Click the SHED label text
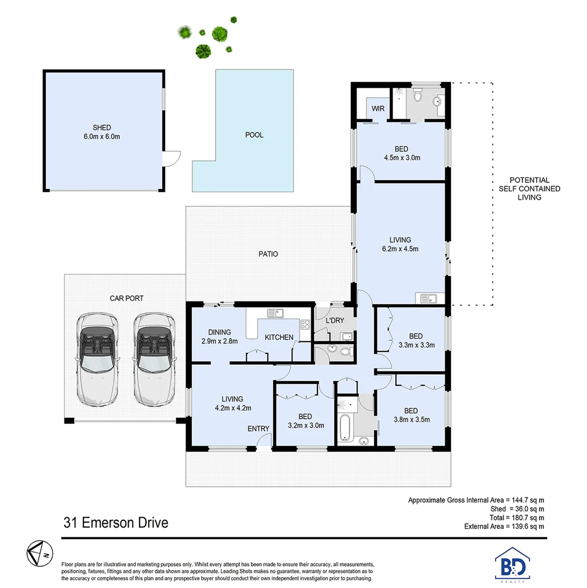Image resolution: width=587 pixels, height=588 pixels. coord(102,127)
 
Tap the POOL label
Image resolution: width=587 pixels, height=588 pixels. coord(254,134)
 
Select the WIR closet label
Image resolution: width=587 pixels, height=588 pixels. coord(378,109)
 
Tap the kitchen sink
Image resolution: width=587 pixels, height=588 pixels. coord(275,313)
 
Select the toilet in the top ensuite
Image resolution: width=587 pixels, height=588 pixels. coord(418,97)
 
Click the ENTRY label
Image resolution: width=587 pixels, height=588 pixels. coord(258,428)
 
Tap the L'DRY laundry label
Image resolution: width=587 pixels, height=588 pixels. coord(335,321)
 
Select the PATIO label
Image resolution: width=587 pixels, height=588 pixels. coord(268,254)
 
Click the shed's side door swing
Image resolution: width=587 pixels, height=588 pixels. coord(172,159)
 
